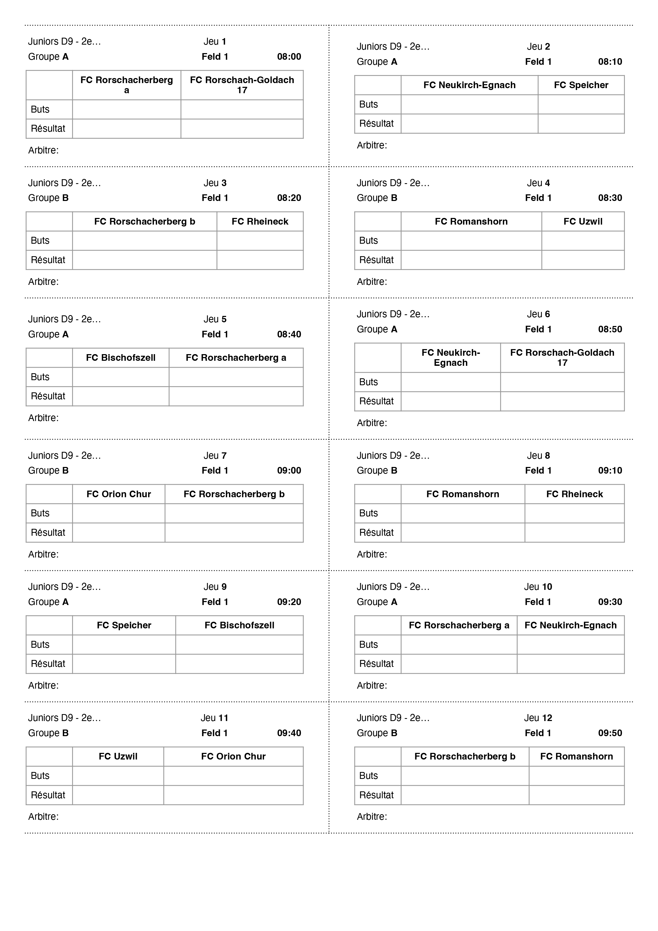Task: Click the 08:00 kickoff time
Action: [289, 57]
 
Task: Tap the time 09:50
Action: [610, 733]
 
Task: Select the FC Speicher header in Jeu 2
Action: [581, 85]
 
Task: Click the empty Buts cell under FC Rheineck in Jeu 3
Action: [260, 241]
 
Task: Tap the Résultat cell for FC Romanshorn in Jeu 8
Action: [463, 533]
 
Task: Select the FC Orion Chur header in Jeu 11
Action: [233, 757]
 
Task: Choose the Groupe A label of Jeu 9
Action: [48, 602]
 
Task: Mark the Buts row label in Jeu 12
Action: [368, 776]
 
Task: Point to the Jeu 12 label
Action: [538, 718]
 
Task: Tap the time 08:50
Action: [610, 329]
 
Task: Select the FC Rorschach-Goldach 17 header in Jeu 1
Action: [242, 85]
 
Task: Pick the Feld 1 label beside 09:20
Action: [215, 602]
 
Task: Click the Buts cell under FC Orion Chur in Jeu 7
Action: [119, 513]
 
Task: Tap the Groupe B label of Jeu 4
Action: [377, 198]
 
